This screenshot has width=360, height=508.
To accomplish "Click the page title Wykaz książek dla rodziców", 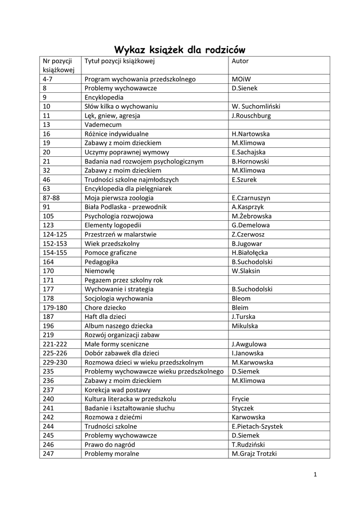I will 180,50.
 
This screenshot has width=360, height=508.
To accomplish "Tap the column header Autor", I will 240,61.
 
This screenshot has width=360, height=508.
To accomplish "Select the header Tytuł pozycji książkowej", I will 120,61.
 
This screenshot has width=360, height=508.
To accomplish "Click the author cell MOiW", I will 241,79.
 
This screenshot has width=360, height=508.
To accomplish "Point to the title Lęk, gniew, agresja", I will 112,116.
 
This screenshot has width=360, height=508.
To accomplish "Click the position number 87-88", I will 52,198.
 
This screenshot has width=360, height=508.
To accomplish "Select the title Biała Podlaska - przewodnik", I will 126,207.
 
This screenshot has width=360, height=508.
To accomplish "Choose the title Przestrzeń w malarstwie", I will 121,235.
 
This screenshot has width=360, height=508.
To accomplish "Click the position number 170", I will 48,271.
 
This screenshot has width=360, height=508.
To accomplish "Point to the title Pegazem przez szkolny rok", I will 124,280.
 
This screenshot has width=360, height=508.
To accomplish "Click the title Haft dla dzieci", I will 105,317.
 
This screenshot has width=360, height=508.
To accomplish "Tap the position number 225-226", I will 55,353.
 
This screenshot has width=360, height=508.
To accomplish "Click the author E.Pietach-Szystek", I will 257,426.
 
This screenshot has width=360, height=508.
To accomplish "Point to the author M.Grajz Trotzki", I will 254,453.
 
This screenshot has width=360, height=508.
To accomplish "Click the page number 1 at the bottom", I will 315,475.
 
